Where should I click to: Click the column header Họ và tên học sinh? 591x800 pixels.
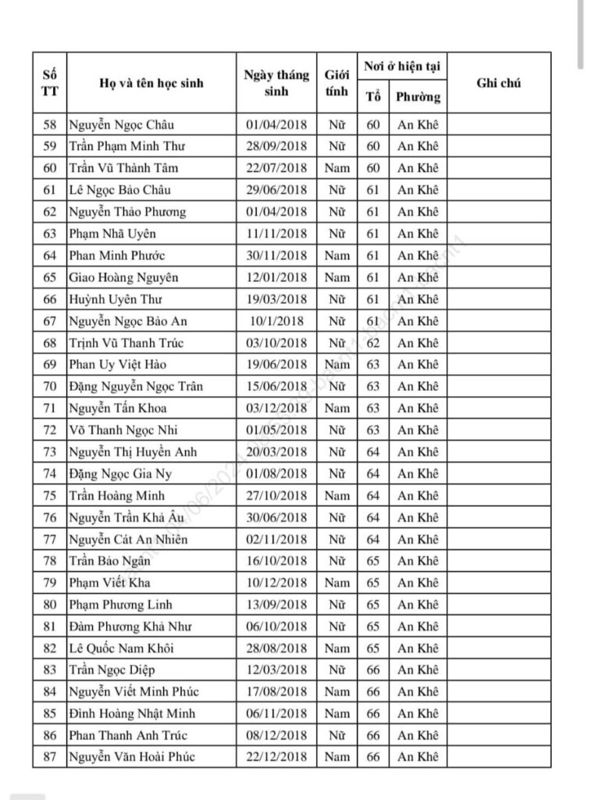151,84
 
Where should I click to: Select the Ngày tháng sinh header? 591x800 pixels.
276,84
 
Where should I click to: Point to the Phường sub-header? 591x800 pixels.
418,98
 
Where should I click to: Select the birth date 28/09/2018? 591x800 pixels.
276,147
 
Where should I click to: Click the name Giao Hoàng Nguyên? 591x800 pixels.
123,277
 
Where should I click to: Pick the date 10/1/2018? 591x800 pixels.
276,321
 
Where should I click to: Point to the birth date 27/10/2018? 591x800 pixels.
276,496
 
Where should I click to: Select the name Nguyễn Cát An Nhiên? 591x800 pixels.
128,540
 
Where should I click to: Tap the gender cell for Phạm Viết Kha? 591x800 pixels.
337,583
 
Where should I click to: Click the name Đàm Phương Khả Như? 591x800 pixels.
130,627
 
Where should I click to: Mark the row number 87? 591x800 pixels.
50,757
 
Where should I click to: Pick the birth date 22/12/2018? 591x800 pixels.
276,757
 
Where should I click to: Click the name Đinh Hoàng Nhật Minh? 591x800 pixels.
132,713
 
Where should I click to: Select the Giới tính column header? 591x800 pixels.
337,84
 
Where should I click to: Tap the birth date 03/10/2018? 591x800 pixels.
276,343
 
